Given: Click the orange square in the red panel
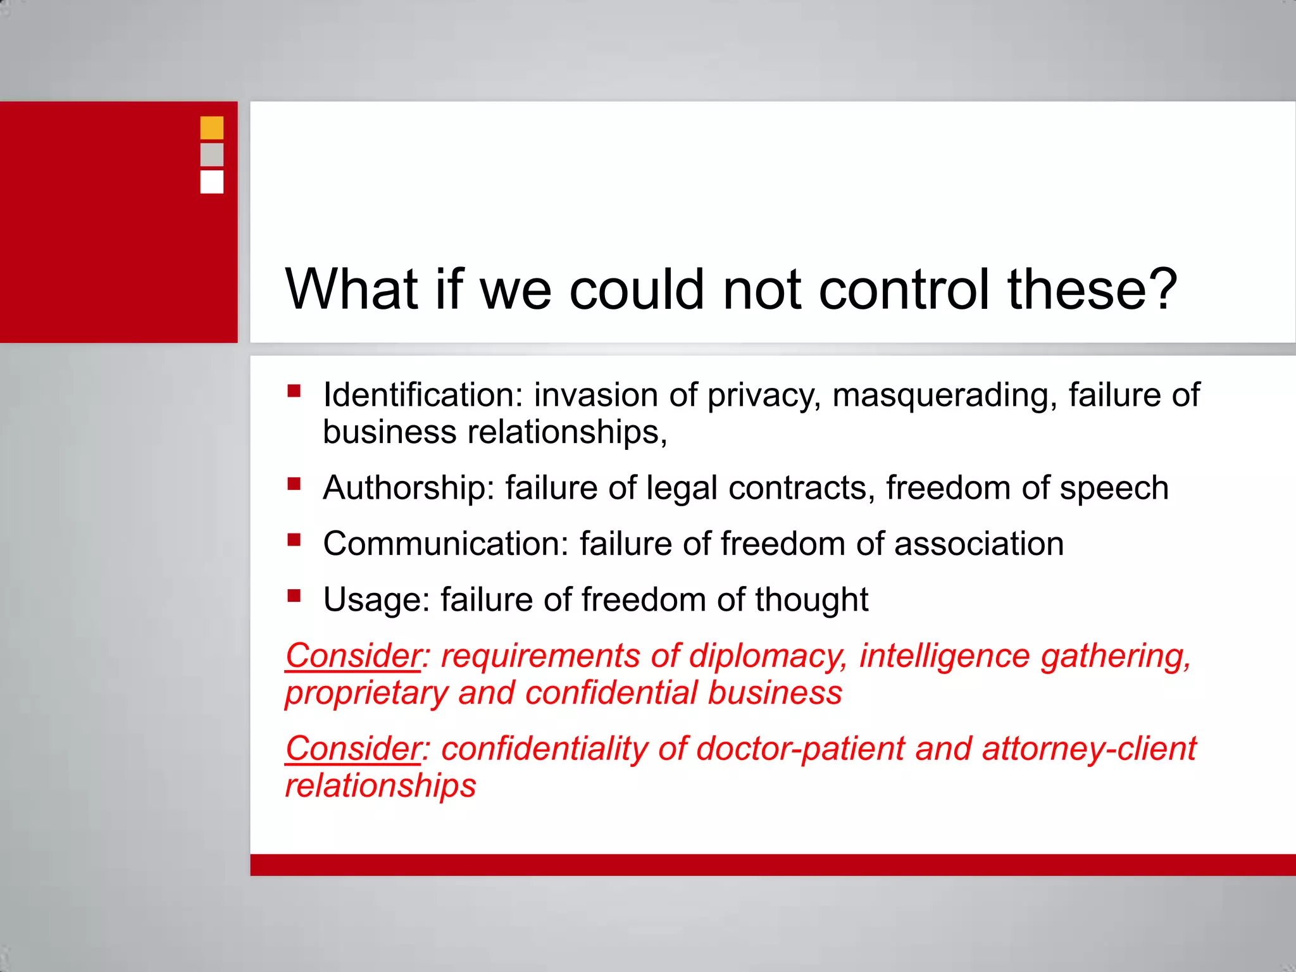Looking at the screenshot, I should coord(211,127).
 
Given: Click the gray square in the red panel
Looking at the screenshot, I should coord(211,154).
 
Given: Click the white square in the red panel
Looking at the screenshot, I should coord(211,182).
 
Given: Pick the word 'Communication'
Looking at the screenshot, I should coord(445,544).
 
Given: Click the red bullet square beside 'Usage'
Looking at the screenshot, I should coord(294,595).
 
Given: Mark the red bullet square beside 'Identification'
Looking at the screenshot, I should coord(294,390).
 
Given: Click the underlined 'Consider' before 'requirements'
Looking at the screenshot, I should coord(353,656).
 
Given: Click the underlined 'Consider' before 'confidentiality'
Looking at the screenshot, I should coord(353,749).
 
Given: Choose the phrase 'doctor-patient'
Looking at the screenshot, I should coord(801,749).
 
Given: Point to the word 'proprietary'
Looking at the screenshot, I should coord(366,694).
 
